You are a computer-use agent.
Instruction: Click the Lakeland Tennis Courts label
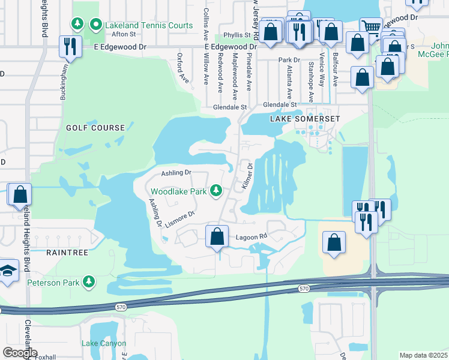click(x=149, y=25)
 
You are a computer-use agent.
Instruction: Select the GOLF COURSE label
click(x=95, y=128)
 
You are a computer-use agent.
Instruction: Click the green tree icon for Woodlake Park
click(x=217, y=191)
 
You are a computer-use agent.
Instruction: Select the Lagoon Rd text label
click(x=250, y=237)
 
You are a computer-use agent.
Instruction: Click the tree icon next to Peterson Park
click(x=89, y=281)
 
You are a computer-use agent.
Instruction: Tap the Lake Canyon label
click(x=104, y=344)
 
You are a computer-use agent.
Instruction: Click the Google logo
click(x=19, y=353)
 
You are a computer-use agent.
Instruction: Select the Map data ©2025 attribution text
click(x=424, y=355)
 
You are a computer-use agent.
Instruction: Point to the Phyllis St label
click(x=236, y=35)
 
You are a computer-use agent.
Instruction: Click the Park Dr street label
click(x=289, y=60)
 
